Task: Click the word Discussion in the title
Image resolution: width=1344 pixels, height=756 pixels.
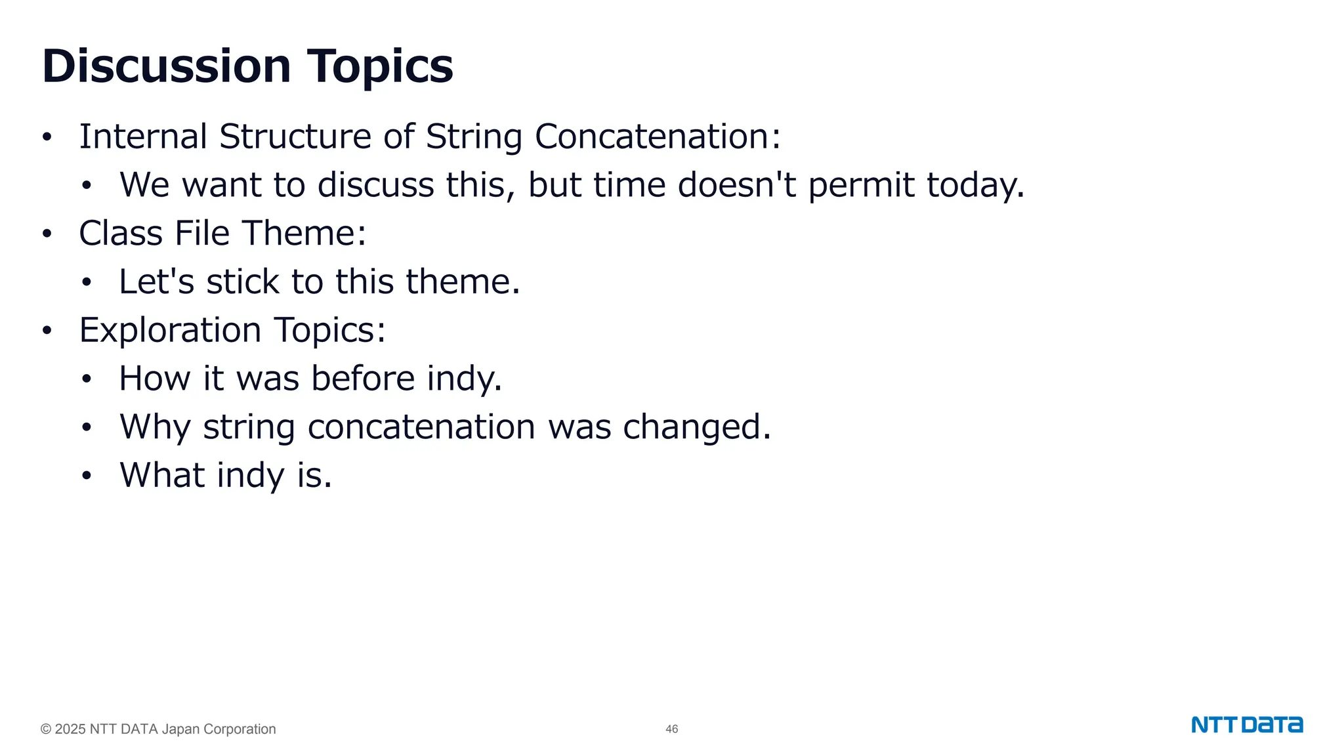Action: pos(166,66)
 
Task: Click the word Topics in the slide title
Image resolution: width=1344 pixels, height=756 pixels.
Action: pos(380,66)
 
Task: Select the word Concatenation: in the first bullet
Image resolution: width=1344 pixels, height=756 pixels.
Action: pos(658,136)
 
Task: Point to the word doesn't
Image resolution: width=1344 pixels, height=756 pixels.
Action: pos(736,185)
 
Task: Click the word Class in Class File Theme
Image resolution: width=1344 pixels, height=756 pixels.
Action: pos(121,234)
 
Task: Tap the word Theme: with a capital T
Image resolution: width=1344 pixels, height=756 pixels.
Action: pos(304,234)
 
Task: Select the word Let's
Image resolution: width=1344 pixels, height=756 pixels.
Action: pos(157,282)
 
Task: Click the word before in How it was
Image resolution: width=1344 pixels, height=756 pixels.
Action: pos(363,379)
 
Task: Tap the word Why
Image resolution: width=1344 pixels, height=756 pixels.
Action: pos(155,428)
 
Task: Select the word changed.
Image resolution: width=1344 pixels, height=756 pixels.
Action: pos(696,427)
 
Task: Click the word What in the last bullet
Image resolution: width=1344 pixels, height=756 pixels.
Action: pos(162,475)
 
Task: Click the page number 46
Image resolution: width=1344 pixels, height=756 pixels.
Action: pos(671,729)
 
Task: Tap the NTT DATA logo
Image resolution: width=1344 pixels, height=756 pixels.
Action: pos(1247,725)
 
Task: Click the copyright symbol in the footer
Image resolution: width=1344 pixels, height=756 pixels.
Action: pos(46,729)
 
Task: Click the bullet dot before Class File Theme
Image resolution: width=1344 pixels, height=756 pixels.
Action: pos(47,234)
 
